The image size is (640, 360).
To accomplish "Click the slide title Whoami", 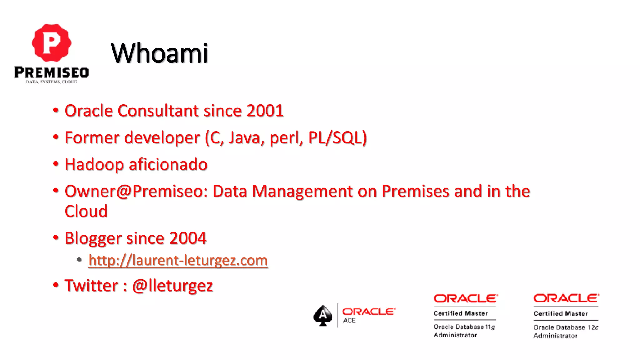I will click(x=159, y=53).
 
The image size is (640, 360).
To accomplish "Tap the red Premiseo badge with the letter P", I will click(x=52, y=43).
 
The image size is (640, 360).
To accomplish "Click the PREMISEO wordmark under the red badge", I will click(x=52, y=72).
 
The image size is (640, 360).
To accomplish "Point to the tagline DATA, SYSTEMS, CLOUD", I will click(x=52, y=82).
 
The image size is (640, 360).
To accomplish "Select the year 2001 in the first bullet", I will click(x=265, y=111).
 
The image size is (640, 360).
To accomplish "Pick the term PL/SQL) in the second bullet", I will click(x=337, y=138).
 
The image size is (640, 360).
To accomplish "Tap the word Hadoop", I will click(x=94, y=165).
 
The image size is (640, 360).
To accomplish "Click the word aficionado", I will click(x=168, y=165).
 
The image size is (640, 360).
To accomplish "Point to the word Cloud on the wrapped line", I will click(x=86, y=212).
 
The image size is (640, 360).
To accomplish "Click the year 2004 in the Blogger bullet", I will click(x=188, y=238).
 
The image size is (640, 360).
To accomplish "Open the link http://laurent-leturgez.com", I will click(x=178, y=261).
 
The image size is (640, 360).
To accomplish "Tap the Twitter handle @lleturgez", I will click(x=172, y=286).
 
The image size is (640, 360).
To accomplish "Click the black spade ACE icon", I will click(x=323, y=316).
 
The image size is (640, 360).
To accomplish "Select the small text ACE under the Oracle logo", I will click(x=349, y=321).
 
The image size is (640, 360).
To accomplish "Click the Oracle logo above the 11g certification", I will click(x=466, y=299).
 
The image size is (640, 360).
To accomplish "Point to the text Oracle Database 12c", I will click(x=566, y=327).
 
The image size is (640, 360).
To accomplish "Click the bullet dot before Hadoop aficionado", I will click(x=56, y=164).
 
